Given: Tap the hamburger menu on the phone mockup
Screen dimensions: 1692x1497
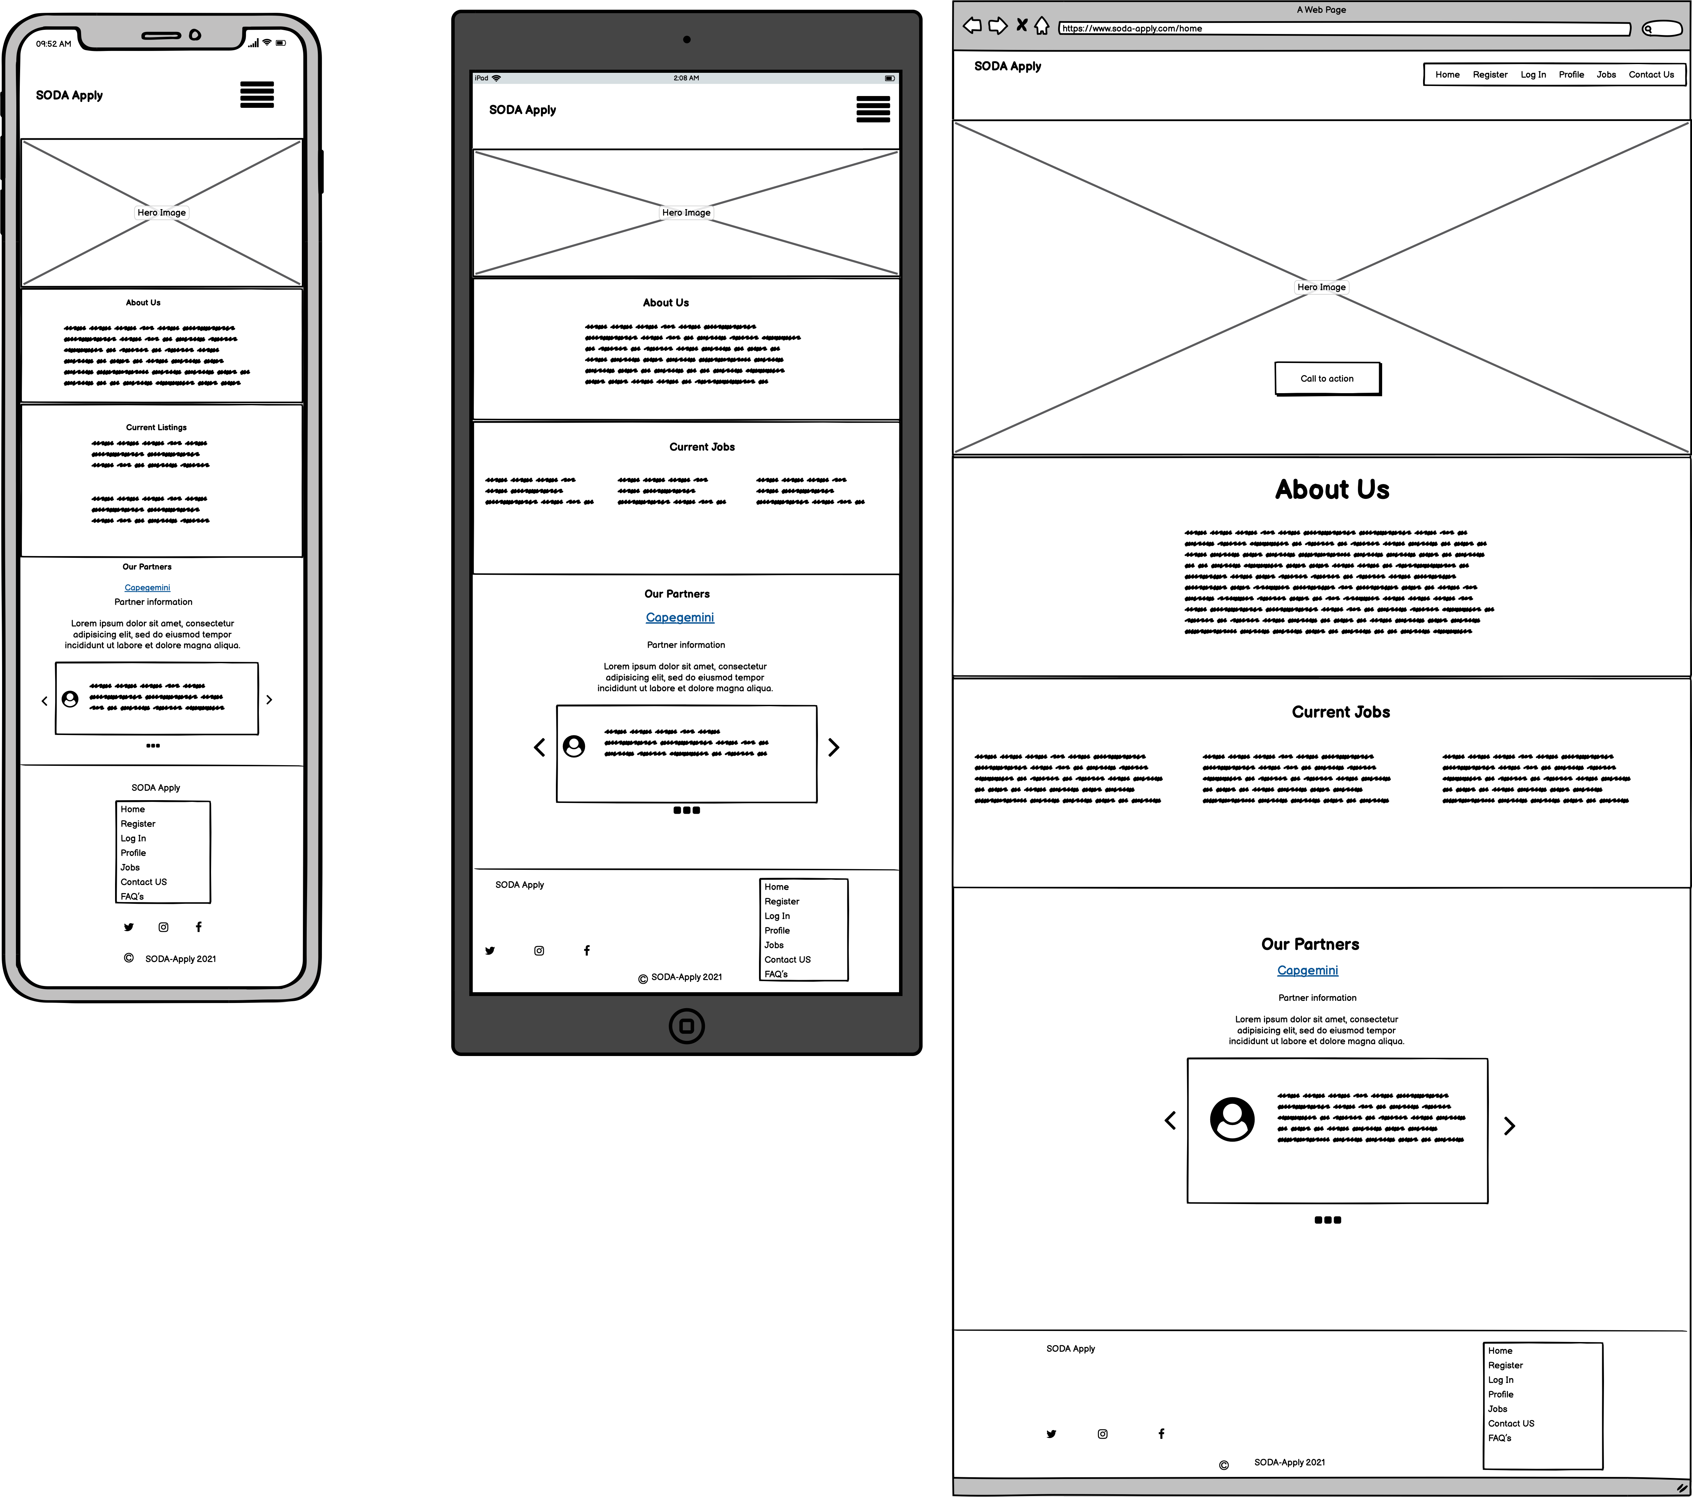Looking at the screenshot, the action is (256, 94).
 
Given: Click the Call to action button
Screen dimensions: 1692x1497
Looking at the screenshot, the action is (1327, 378).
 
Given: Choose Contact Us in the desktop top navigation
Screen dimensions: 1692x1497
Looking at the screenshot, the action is (1651, 75).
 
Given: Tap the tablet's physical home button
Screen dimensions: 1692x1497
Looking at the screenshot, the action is (686, 1026).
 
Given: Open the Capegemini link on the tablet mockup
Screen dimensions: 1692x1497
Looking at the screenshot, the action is (680, 618).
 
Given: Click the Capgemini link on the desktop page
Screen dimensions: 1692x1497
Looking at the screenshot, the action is (1307, 970).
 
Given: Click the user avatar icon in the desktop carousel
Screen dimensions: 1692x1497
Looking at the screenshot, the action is (1232, 1119).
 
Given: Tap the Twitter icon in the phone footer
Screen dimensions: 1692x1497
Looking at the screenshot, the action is (128, 927).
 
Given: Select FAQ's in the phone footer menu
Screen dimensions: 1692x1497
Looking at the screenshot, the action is (132, 897).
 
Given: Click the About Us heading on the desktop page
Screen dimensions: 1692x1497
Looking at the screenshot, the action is (1332, 489).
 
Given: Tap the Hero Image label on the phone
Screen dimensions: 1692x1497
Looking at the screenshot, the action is (162, 213).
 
